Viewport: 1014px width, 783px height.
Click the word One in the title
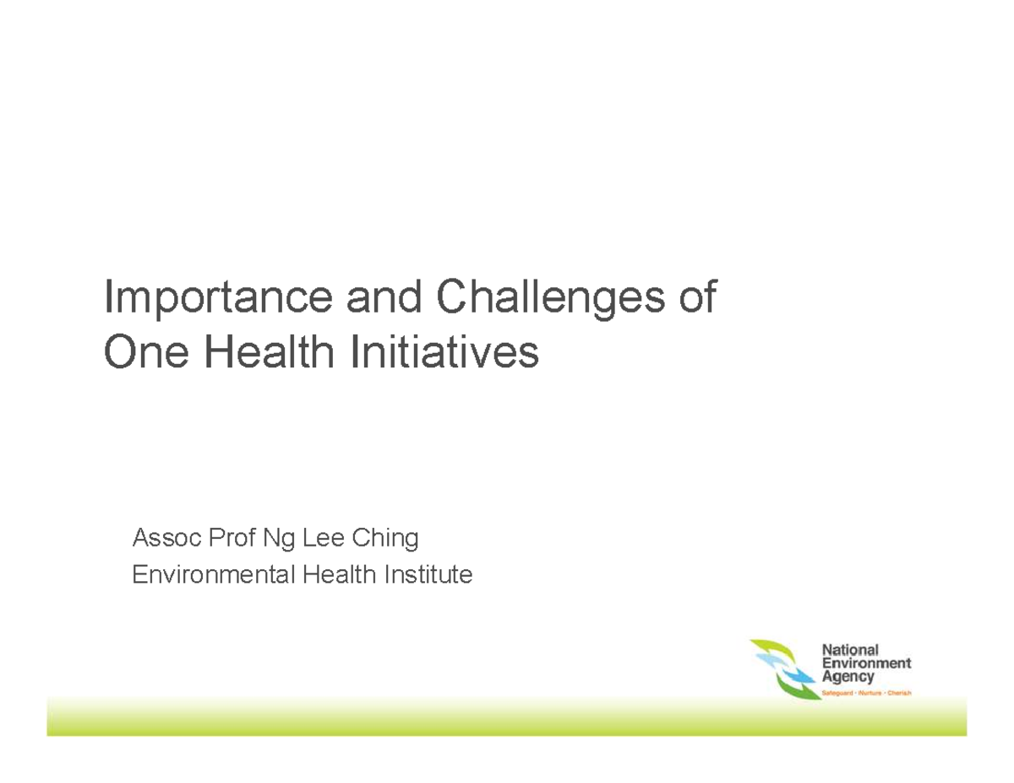(x=144, y=352)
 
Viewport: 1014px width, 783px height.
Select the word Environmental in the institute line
(x=215, y=576)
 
